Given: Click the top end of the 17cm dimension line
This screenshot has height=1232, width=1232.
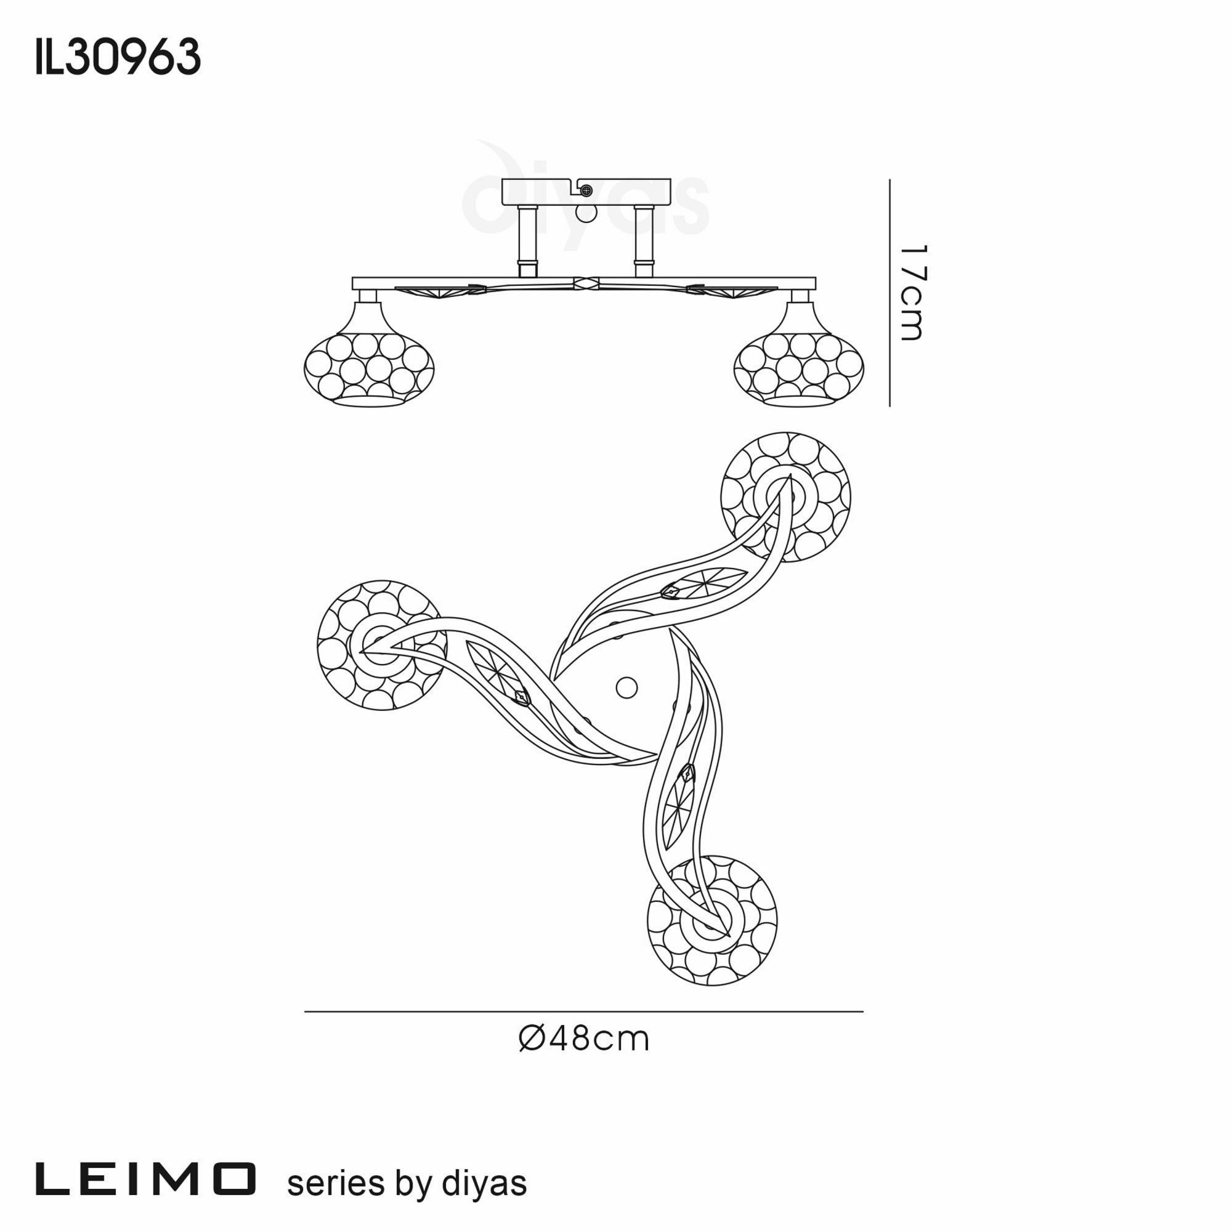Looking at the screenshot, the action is click(x=890, y=180).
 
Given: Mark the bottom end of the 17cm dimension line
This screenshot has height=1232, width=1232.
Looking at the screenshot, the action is click(x=890, y=406).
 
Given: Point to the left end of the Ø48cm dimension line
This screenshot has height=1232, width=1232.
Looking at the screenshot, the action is click(x=305, y=1011).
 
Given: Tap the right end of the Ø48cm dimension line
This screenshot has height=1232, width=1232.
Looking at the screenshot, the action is click(x=864, y=1011).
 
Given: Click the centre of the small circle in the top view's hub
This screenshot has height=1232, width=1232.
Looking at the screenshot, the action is click(x=626, y=687).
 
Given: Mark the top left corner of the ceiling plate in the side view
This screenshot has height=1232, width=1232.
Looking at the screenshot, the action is click(x=503, y=179).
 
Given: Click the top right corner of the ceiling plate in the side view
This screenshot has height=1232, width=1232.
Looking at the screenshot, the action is click(x=671, y=179).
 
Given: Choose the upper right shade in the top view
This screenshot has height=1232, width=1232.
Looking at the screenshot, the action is click(x=785, y=496).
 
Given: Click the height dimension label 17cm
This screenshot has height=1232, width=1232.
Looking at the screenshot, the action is click(x=910, y=293).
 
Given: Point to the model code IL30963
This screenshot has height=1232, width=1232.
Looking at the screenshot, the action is click(x=119, y=57).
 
